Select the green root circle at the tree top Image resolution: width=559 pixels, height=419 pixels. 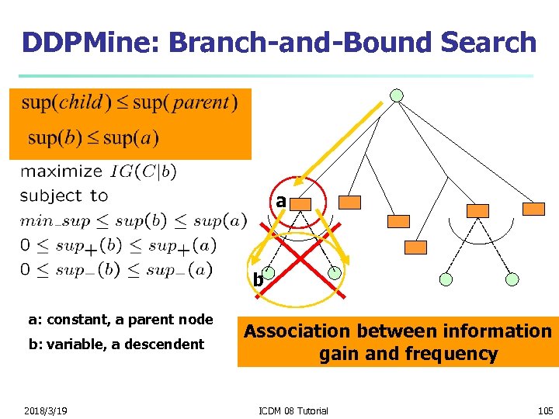(x=397, y=95)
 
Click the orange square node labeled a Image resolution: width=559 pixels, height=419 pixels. (x=301, y=203)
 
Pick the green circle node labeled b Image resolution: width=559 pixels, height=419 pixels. (x=267, y=273)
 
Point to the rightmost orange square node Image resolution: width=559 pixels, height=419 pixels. (x=533, y=209)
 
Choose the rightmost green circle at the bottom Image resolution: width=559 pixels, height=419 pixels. (x=512, y=279)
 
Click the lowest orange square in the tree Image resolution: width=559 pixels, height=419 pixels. (x=416, y=248)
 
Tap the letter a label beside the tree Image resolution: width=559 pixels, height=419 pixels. (x=281, y=201)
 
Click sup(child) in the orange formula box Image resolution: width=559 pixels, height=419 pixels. (x=67, y=102)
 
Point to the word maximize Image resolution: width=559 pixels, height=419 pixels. (x=61, y=171)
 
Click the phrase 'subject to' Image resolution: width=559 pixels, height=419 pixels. (x=64, y=196)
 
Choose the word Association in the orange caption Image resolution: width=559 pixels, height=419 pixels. (x=300, y=331)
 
